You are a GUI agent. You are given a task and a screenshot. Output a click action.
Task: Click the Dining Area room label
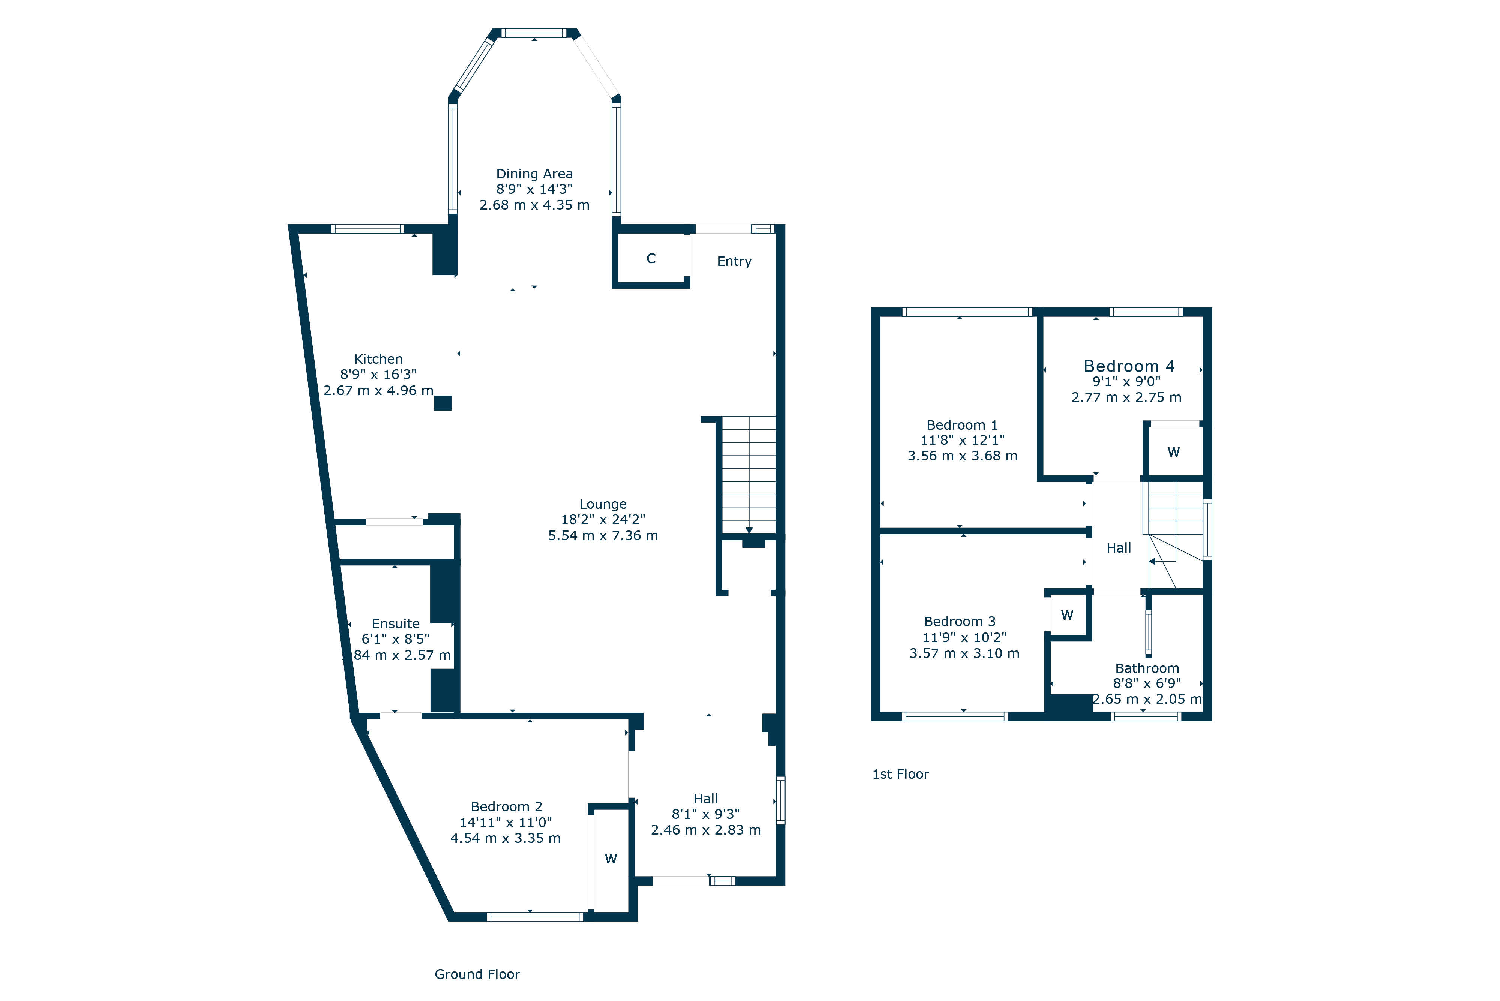pyautogui.click(x=534, y=174)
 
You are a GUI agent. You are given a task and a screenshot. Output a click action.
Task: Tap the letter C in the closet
pyautogui.click(x=651, y=259)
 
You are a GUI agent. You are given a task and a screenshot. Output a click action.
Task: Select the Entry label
pyautogui.click(x=734, y=261)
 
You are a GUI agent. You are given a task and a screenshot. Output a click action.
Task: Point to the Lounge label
pyautogui.click(x=603, y=504)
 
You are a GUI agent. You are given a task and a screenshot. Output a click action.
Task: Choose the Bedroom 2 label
pyautogui.click(x=506, y=806)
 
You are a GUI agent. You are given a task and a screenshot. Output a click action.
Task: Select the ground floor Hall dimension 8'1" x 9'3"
pyautogui.click(x=706, y=814)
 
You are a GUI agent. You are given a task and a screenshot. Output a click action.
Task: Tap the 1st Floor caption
pyautogui.click(x=900, y=775)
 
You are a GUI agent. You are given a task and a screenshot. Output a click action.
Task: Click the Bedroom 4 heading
pyautogui.click(x=1129, y=366)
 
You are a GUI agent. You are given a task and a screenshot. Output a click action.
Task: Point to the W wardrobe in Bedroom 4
pyautogui.click(x=1174, y=452)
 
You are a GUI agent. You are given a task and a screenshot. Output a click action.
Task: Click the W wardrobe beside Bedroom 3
pyautogui.click(x=1067, y=616)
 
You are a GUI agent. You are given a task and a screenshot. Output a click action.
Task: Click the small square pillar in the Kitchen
pyautogui.click(x=442, y=403)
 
